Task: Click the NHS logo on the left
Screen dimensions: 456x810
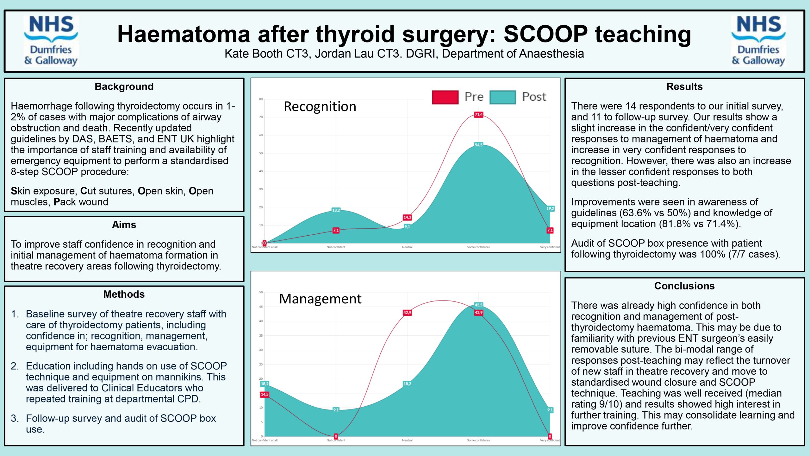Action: (x=51, y=41)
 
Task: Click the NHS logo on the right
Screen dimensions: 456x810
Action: (x=758, y=41)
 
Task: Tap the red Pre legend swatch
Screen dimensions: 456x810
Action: (x=445, y=97)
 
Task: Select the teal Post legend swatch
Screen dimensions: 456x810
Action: (x=502, y=97)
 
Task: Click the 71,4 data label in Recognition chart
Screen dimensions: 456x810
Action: (x=478, y=115)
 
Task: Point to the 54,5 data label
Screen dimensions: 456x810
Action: (x=478, y=145)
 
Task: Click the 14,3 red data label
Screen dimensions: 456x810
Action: (x=407, y=217)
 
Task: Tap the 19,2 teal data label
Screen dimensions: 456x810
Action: (x=550, y=209)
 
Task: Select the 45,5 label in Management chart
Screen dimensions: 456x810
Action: (x=478, y=305)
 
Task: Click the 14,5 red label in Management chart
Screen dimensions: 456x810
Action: (x=265, y=395)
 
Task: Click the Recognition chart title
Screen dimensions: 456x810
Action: (x=320, y=107)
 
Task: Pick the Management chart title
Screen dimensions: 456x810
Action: (x=320, y=299)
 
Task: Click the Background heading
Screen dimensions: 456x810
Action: (x=124, y=86)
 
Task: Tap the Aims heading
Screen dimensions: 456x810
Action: (x=124, y=225)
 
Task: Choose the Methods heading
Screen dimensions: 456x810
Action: (x=124, y=294)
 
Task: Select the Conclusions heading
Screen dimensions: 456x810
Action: (x=684, y=286)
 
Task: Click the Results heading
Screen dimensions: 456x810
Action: (x=684, y=86)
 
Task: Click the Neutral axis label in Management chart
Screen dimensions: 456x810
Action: (x=407, y=440)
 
